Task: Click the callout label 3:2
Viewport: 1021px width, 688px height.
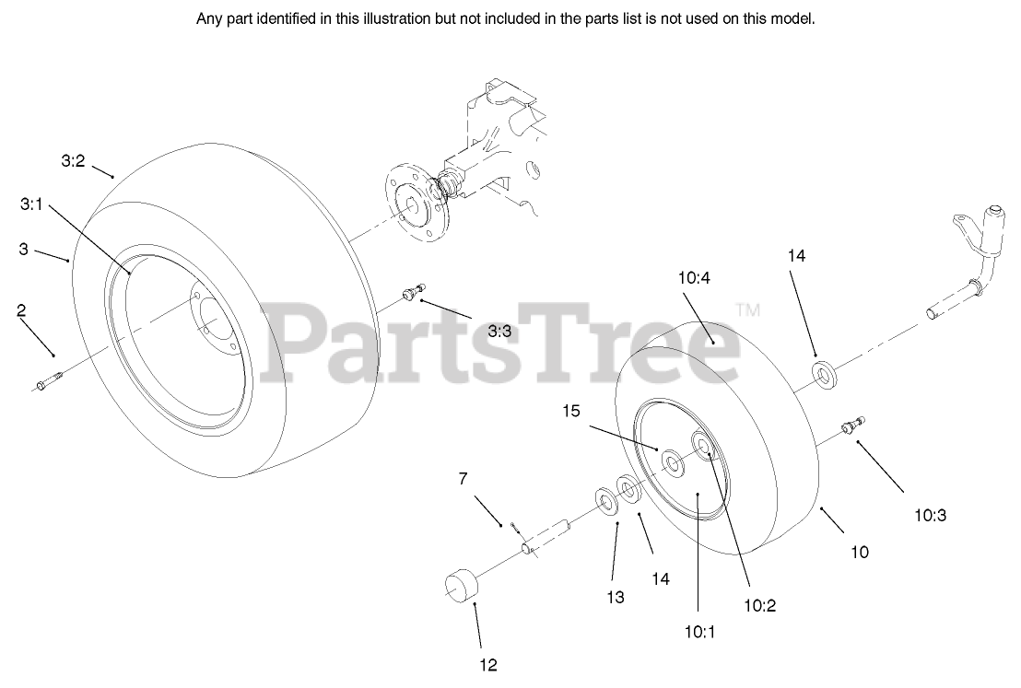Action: pyautogui.click(x=73, y=160)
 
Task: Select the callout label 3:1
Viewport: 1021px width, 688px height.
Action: pyautogui.click(x=31, y=205)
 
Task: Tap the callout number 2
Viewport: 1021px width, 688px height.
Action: pyautogui.click(x=20, y=311)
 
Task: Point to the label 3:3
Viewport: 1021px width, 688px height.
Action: pyautogui.click(x=500, y=331)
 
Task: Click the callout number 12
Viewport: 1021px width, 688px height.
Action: pyautogui.click(x=487, y=663)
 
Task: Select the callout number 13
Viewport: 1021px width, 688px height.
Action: pyautogui.click(x=616, y=597)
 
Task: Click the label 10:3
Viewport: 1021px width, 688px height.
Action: pyautogui.click(x=931, y=516)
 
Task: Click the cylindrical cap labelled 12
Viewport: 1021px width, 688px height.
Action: pyautogui.click(x=464, y=586)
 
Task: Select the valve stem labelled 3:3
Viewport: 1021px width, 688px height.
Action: pyautogui.click(x=412, y=293)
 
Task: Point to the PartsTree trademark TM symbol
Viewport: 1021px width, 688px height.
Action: pyautogui.click(x=748, y=311)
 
